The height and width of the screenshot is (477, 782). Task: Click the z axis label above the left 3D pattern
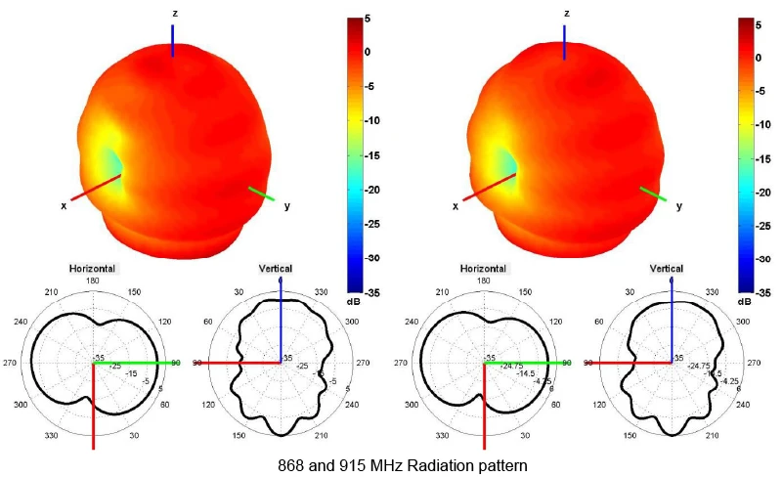(x=174, y=13)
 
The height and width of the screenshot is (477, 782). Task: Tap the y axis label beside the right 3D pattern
(x=679, y=206)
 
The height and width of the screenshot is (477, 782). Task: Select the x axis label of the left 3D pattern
(x=64, y=205)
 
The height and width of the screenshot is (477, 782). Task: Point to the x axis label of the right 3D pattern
(x=456, y=206)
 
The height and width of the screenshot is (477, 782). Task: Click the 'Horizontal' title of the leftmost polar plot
(x=93, y=268)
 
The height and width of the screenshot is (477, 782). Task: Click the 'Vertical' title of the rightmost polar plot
(x=667, y=268)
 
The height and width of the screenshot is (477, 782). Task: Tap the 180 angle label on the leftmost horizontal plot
(x=93, y=282)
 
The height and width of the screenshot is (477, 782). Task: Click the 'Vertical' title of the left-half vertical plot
(x=275, y=268)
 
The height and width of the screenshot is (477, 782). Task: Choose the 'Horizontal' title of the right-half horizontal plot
(x=485, y=268)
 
